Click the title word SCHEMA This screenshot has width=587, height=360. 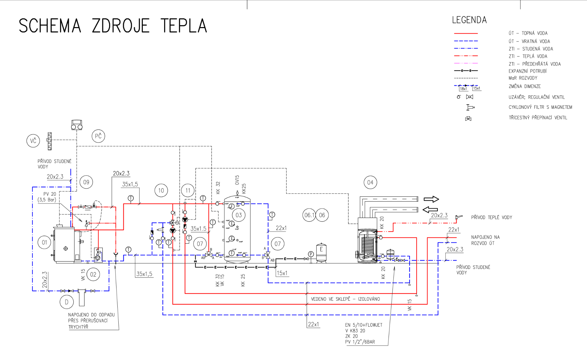(x=50, y=26)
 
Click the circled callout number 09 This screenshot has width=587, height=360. (x=86, y=182)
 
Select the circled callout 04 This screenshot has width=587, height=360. (x=370, y=182)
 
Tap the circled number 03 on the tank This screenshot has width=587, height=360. (x=238, y=215)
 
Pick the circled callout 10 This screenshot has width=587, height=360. (x=161, y=190)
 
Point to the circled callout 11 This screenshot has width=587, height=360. (x=188, y=190)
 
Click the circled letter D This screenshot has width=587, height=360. (x=67, y=302)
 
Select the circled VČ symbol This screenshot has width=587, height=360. (x=33, y=141)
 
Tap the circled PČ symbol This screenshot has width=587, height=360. (x=98, y=136)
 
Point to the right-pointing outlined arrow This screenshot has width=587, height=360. (x=431, y=199)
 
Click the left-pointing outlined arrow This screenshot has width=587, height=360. (x=430, y=210)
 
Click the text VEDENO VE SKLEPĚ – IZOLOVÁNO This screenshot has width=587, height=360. (x=345, y=299)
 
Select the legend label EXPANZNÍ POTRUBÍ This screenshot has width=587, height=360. (x=527, y=71)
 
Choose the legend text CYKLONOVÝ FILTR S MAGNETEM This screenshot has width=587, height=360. (x=540, y=107)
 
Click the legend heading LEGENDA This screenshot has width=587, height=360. (x=469, y=20)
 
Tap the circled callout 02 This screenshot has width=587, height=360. (x=93, y=274)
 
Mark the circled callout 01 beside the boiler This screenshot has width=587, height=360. (x=44, y=242)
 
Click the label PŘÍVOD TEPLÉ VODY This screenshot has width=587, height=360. (x=491, y=217)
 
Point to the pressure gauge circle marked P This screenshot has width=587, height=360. (x=311, y=254)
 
